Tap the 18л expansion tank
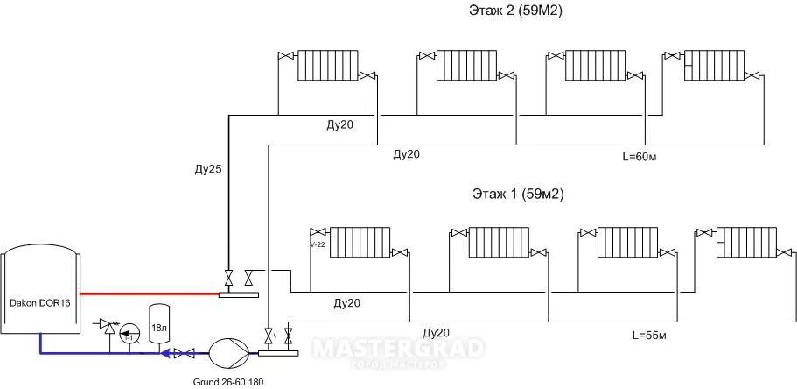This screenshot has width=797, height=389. (159, 323)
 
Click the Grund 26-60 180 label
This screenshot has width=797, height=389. (227, 382)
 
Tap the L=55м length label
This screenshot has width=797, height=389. (649, 334)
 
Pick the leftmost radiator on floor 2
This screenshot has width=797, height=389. (328, 65)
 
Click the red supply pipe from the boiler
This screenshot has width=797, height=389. (149, 294)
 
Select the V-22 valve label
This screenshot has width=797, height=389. (318, 245)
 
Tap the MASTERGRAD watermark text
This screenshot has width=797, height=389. (398, 349)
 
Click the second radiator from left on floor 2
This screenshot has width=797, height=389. (466, 65)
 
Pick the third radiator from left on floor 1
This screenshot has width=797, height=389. (626, 242)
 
